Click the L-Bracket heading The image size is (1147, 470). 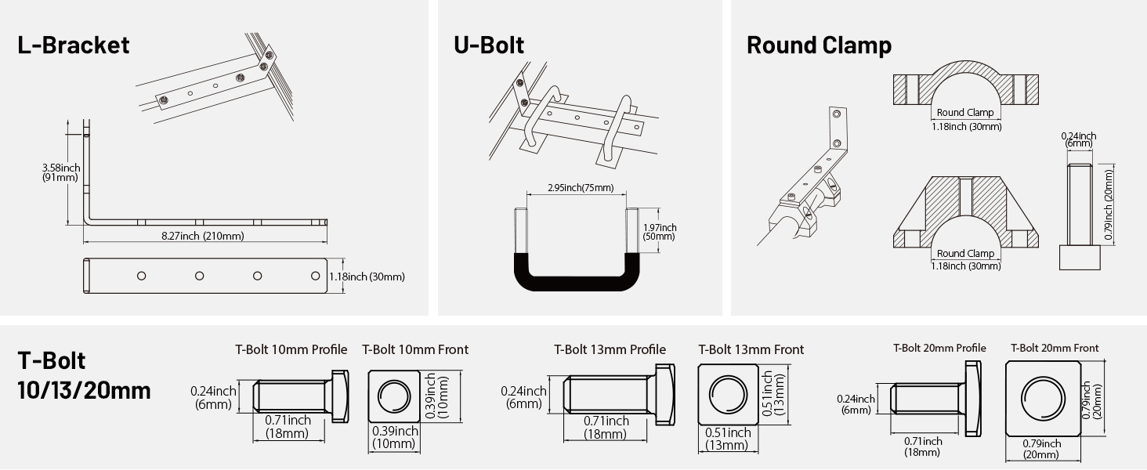[x=74, y=45]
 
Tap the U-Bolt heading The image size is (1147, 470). [x=489, y=45]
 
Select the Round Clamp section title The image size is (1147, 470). [x=819, y=45]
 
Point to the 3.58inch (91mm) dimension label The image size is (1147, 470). [x=60, y=172]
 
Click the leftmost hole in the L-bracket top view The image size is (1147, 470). [x=142, y=276]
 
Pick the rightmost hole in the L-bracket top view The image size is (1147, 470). [x=316, y=276]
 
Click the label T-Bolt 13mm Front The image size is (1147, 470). [x=751, y=349]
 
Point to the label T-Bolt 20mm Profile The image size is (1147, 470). [x=939, y=348]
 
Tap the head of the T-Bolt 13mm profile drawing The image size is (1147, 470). [x=664, y=396]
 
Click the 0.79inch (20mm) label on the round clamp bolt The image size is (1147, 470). [x=1108, y=196]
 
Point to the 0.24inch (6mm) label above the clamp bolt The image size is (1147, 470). [x=1078, y=139]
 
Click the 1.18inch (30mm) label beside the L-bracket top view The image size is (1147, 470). [x=366, y=277]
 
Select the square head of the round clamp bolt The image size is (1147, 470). [x=1079, y=258]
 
